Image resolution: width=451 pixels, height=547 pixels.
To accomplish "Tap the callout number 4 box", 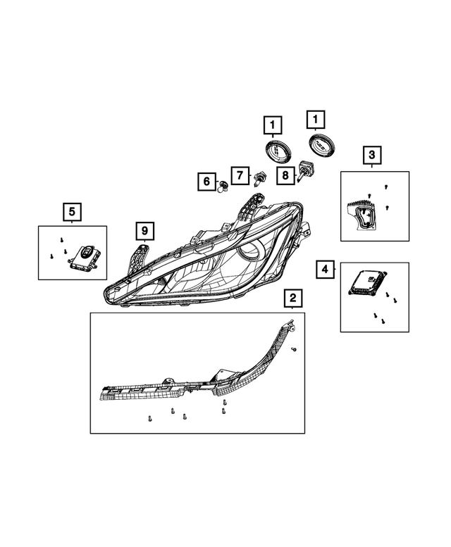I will click(x=325, y=269).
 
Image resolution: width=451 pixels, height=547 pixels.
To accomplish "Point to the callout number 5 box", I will click(x=71, y=210).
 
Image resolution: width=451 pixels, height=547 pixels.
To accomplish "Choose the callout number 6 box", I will click(x=206, y=182).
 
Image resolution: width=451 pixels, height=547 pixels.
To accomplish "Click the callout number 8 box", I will click(x=286, y=175).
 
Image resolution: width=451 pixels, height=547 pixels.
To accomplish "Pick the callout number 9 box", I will click(x=143, y=231).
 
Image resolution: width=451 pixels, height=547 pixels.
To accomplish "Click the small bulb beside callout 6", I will click(x=223, y=186).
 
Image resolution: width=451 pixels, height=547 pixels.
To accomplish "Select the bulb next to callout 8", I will click(x=305, y=170).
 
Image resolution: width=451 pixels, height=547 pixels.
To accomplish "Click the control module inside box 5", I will click(x=85, y=258).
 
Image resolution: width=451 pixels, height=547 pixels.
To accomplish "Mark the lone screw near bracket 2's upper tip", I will click(x=294, y=349).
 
